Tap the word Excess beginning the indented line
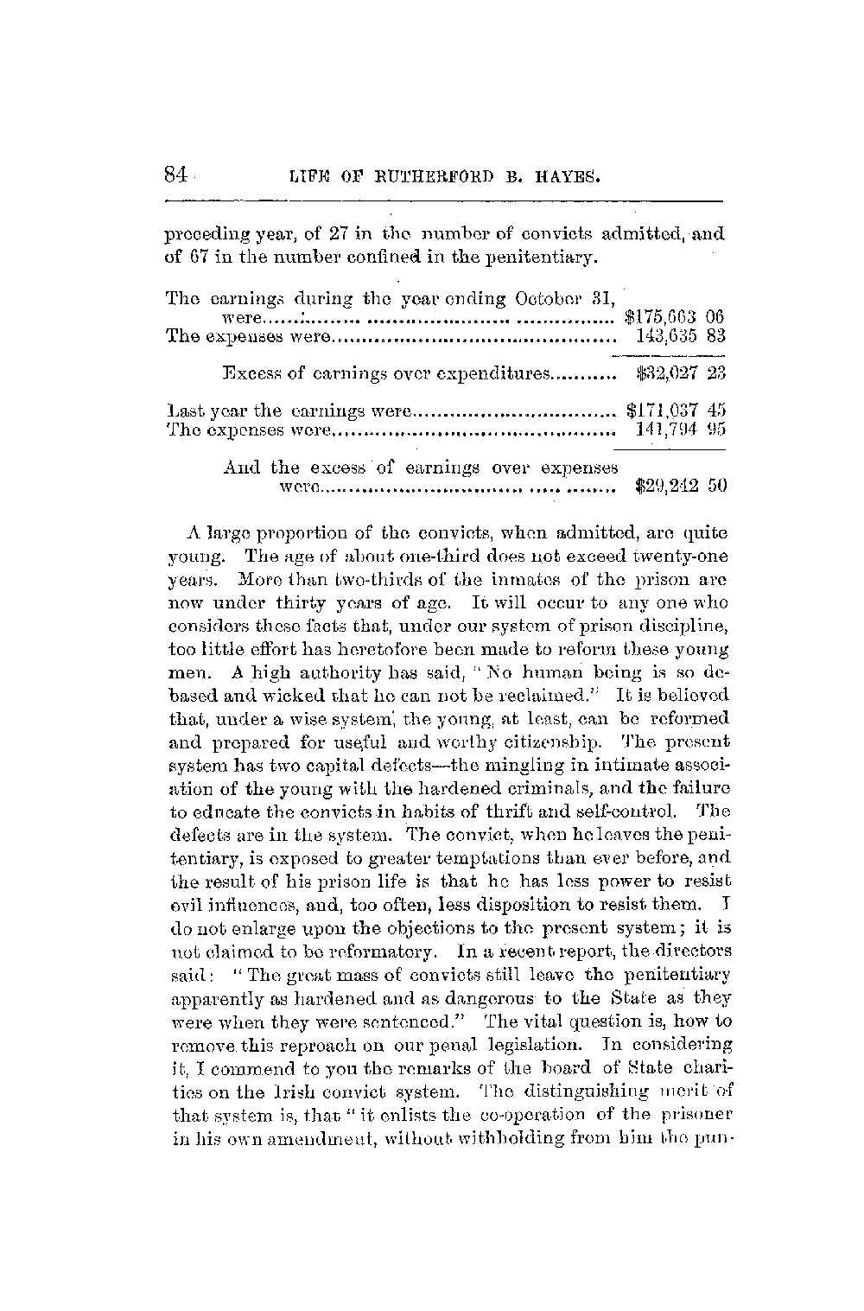tap(251, 375)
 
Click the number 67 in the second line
tap(192, 257)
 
